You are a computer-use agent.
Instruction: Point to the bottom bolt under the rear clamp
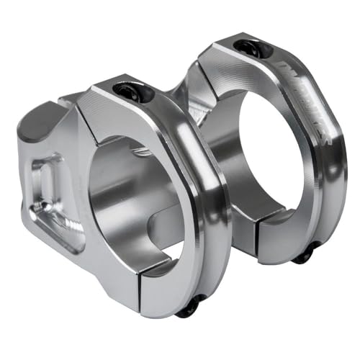(x=305, y=253)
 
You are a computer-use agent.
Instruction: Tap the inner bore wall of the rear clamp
(x=230, y=166)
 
